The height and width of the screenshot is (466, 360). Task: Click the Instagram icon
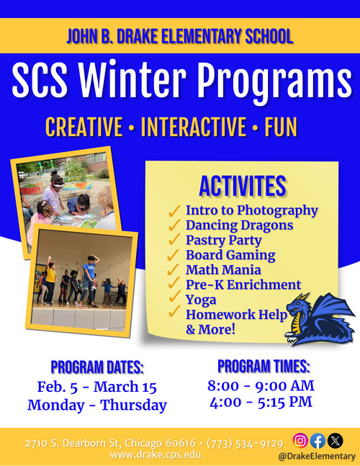[x=300, y=441]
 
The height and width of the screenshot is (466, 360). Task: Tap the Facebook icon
[x=318, y=441]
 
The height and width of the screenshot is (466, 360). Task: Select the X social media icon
[x=335, y=441]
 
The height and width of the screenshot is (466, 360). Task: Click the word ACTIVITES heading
[x=243, y=187]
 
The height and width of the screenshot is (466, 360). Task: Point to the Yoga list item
[x=201, y=300]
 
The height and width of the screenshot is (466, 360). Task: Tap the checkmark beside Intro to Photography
[x=174, y=210]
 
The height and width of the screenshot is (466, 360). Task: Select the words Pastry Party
[x=224, y=240]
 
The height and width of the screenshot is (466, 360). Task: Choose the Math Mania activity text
[x=223, y=270]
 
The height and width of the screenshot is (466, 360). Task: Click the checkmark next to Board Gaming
[x=174, y=255]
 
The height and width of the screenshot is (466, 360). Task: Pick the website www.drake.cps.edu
[x=156, y=454]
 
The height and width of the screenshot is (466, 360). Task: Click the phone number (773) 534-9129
[x=245, y=443]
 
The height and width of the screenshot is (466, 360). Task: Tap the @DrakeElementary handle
[x=317, y=456]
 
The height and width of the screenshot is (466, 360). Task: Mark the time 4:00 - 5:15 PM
[x=261, y=402]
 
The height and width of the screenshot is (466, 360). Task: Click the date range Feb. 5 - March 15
[x=96, y=387]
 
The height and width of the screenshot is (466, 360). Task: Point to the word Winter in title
[x=132, y=79]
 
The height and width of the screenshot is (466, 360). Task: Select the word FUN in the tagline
[x=281, y=127]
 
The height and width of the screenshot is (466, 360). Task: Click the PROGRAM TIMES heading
[x=264, y=366]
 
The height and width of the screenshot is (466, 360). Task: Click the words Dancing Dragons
[x=240, y=225]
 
